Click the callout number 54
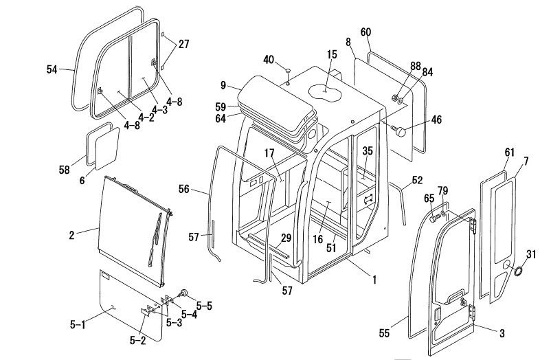pyautogui.click(x=52, y=69)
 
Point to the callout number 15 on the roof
pyautogui.click(x=332, y=54)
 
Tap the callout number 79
pyautogui.click(x=442, y=190)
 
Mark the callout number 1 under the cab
pyautogui.click(x=374, y=279)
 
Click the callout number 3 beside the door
pyautogui.click(x=502, y=333)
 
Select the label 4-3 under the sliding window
pyautogui.click(x=159, y=109)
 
